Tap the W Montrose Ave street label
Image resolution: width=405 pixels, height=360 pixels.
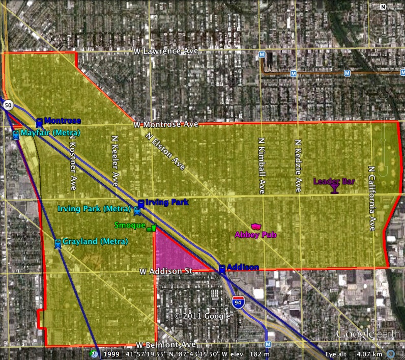tap(166, 124)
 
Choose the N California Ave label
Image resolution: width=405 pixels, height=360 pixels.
tap(371, 198)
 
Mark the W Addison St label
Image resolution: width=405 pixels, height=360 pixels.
tap(166, 272)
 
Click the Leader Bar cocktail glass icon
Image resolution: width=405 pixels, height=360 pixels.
tap(334, 189)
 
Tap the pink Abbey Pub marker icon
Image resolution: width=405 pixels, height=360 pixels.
tap(255, 226)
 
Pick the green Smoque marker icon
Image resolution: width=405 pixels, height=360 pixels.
tap(152, 229)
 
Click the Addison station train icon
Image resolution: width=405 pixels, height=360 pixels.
tap(222, 269)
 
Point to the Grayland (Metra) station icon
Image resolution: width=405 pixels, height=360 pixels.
tap(58, 243)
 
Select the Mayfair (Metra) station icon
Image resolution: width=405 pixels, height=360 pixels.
tap(16, 135)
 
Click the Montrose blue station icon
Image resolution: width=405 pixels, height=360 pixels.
tap(39, 122)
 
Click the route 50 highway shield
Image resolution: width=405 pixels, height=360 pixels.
tap(8, 105)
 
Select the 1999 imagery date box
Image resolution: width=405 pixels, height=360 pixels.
tap(112, 354)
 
